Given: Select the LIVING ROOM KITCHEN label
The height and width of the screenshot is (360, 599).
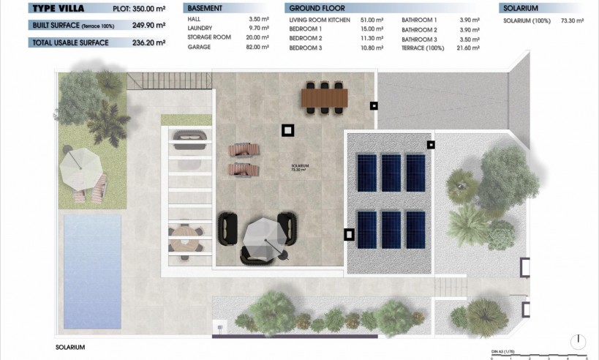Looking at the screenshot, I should pyautogui.click(x=320, y=20).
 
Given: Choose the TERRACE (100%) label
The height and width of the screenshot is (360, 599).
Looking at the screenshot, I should pyautogui.click(x=423, y=48).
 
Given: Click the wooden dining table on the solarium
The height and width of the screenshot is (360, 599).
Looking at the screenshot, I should pyautogui.click(x=325, y=96).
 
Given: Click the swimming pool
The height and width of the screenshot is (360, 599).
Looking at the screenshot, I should pyautogui.click(x=92, y=271).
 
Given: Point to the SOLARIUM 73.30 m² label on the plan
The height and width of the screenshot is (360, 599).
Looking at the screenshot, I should pyautogui.click(x=300, y=168).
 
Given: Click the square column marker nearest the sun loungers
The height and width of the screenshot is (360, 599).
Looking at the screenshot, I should pyautogui.click(x=288, y=130).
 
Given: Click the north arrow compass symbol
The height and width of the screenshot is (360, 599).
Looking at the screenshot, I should pyautogui.click(x=579, y=341).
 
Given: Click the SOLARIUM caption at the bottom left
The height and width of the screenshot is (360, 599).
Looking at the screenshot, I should pyautogui.click(x=71, y=347).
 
